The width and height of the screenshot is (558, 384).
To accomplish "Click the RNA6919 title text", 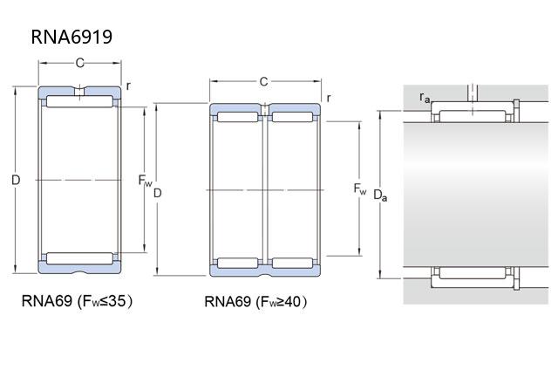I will (71, 37).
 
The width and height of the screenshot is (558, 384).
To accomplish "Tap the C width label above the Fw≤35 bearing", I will (79, 63).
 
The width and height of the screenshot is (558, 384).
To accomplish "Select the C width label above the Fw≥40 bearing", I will (263, 82).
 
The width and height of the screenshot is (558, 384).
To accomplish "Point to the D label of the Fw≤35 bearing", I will (16, 181).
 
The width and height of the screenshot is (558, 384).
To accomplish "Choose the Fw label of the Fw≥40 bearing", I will (360, 189).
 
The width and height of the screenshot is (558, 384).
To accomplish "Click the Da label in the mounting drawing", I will (380, 195).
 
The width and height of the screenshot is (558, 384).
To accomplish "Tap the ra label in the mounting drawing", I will (425, 97).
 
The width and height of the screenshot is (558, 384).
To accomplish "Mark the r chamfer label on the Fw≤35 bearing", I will (128, 85).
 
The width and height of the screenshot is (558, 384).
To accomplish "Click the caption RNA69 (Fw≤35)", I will (77, 302).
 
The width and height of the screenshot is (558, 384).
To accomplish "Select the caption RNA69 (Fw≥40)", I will (255, 303).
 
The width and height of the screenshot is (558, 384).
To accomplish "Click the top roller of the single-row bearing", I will (79, 103).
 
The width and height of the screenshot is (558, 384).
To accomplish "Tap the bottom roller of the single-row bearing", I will (79, 257).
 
